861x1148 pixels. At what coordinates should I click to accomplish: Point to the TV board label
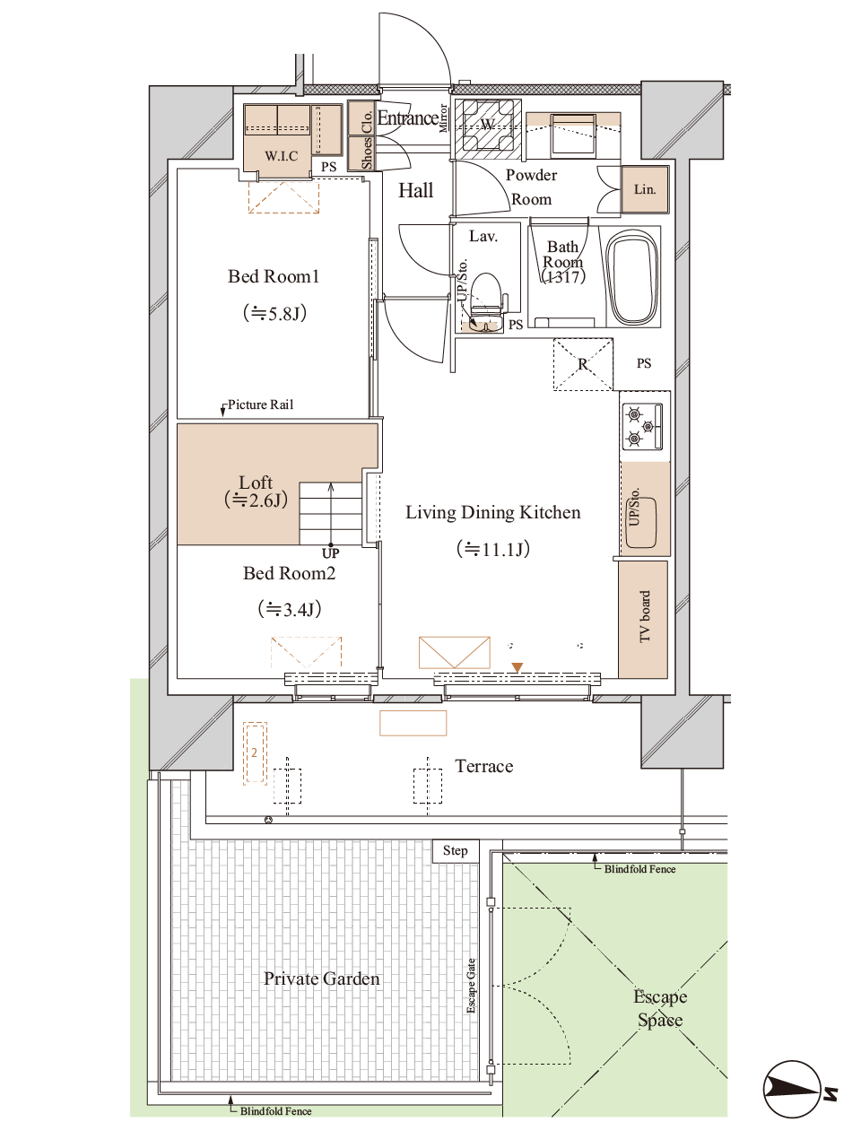[x=645, y=617]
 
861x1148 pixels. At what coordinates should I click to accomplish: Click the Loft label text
[x=256, y=483]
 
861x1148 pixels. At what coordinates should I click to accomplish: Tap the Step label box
[x=456, y=850]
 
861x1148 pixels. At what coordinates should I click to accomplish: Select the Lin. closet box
[x=645, y=189]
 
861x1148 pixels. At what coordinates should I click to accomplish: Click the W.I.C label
[x=282, y=156]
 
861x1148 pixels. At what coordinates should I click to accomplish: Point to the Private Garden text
[x=321, y=978]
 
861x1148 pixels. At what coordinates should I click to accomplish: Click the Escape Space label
[x=660, y=1008]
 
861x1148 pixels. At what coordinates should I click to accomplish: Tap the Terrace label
[x=483, y=766]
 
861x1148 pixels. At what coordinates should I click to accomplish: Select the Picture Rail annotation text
[x=260, y=404]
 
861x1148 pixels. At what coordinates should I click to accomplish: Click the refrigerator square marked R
[x=583, y=364]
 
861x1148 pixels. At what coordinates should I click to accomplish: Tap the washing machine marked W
[x=488, y=126]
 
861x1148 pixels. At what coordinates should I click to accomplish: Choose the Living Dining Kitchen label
[x=492, y=512]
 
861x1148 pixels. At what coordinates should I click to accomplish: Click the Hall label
[x=415, y=190]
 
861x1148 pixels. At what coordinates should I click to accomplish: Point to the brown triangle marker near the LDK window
[x=517, y=667]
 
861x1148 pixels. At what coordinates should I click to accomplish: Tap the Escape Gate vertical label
[x=472, y=987]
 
